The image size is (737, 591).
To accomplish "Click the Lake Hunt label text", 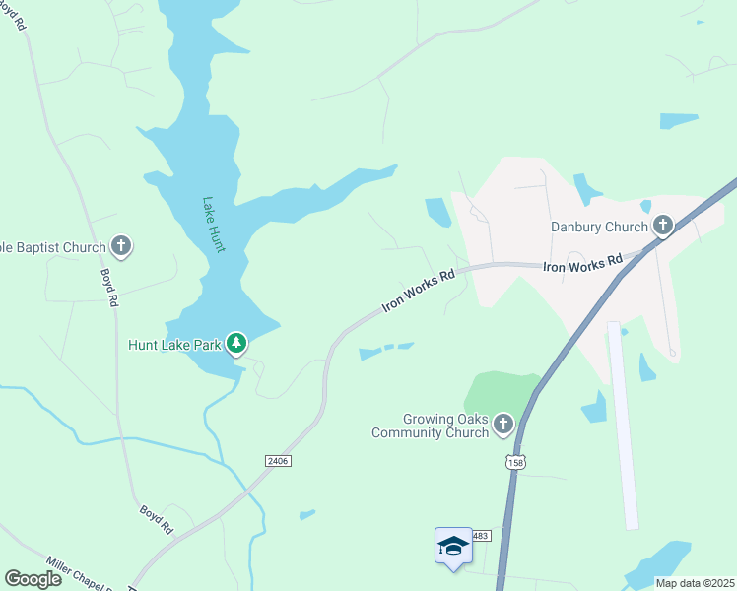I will (214, 225).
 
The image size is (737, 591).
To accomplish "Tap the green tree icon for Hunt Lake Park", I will (236, 344).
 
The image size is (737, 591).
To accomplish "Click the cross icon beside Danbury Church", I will (662, 228).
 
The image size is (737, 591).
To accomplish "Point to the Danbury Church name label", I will (599, 228).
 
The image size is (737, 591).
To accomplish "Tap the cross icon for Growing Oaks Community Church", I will (503, 425).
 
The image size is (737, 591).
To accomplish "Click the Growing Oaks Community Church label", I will (431, 426).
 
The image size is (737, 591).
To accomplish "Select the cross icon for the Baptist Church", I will (121, 246).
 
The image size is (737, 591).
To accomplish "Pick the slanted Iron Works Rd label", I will (418, 291).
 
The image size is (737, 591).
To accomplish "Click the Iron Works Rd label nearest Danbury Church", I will (582, 263).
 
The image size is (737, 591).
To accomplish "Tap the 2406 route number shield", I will (279, 460).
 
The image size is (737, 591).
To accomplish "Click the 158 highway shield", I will (513, 460).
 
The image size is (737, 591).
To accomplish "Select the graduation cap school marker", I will (453, 546).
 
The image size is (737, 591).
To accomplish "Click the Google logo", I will (33, 578).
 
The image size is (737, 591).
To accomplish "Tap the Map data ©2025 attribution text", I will (694, 583).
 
